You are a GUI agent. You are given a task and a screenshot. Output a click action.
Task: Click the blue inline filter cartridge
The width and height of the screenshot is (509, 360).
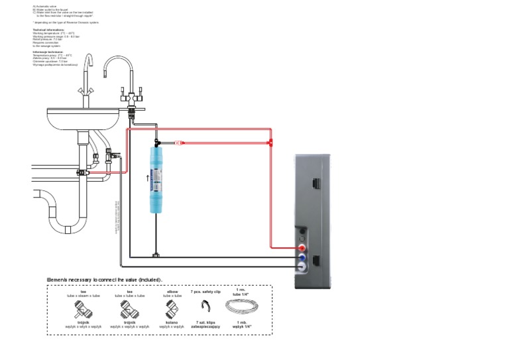tap(156, 180)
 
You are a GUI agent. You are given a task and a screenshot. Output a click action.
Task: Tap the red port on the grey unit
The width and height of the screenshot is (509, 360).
tap(302, 247)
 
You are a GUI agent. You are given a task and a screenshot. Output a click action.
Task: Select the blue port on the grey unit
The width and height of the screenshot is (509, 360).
tap(302, 257)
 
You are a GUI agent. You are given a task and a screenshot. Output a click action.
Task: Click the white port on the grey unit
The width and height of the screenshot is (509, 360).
tap(302, 267)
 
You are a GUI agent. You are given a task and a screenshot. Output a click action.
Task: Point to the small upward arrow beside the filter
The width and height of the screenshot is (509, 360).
tap(147, 178)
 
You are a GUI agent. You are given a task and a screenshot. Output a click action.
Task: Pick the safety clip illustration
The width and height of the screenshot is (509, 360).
tap(205, 307)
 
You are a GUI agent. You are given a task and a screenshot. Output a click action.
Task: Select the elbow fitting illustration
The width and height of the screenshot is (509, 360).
tap(172, 308)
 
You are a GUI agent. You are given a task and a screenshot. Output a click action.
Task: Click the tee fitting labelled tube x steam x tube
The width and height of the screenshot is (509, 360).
tap(84, 308)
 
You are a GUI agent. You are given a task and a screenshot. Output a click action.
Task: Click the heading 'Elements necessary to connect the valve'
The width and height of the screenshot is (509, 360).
tap(105, 280)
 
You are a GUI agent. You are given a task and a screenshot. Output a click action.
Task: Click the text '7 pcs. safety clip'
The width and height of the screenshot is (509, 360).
tap(205, 291)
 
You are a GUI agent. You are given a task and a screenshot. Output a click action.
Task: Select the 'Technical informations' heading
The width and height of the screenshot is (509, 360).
tap(48, 30)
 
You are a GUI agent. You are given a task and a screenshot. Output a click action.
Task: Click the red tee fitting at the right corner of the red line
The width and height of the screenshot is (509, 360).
tap(270, 142)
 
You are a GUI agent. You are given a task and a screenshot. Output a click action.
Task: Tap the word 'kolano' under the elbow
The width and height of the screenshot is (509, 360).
tap(172, 322)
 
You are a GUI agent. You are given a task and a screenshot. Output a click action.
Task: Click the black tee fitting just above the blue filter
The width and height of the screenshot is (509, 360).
tap(156, 142)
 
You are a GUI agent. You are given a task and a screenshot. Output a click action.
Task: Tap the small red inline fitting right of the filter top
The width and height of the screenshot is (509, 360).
tap(179, 142)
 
